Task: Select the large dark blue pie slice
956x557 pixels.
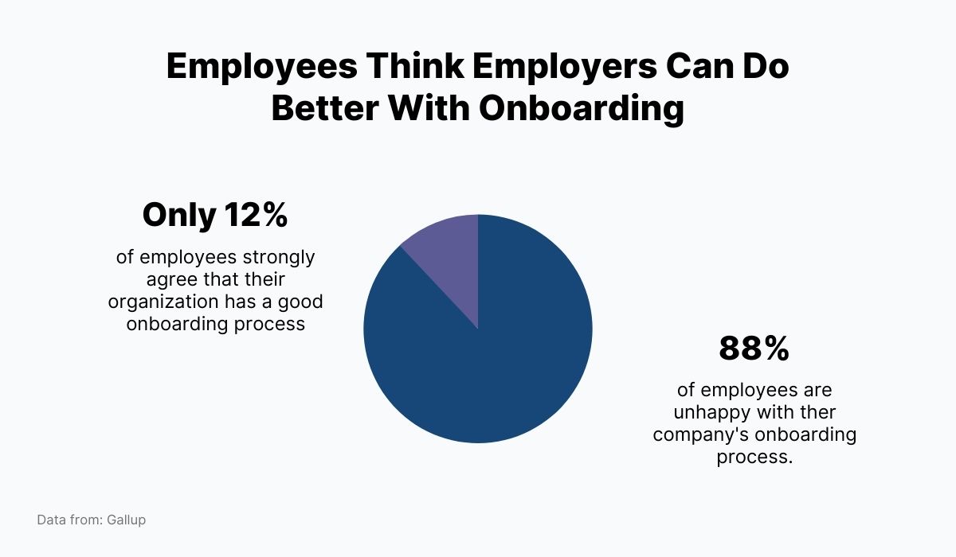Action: (x=494, y=358)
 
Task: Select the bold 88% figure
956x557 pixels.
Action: (x=754, y=349)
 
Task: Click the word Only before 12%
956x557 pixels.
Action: (x=179, y=215)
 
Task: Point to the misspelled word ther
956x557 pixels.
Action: (x=815, y=413)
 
